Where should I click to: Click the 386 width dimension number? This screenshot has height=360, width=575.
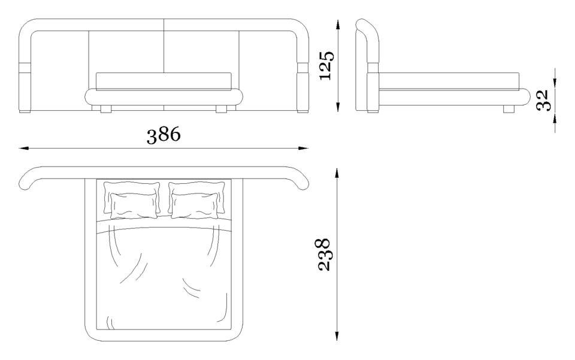click(164, 135)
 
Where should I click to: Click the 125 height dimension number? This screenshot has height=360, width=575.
click(326, 66)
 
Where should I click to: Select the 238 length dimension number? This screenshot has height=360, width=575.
click(323, 255)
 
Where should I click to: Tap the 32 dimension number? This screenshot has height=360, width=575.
click(542, 100)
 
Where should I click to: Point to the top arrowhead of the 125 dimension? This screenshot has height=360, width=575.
click(337, 25)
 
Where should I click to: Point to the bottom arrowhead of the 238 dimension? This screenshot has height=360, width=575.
click(336, 335)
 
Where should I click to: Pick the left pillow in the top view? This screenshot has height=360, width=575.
click(132, 200)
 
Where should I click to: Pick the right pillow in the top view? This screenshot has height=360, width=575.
click(197, 200)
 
